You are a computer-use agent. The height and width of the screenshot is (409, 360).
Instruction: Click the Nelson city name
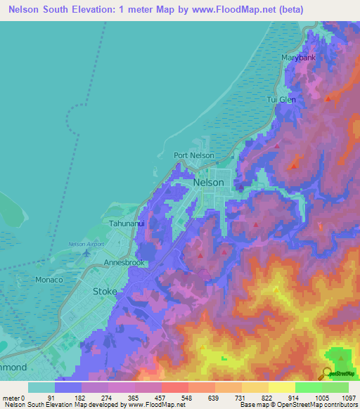click(x=208, y=182)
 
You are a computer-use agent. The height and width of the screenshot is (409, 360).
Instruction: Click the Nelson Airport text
click(x=86, y=244)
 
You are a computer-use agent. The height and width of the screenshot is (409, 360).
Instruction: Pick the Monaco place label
click(x=49, y=280)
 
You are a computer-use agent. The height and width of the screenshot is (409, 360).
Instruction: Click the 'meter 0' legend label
click(x=15, y=397)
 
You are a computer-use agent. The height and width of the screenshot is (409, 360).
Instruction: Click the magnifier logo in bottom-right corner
click(x=328, y=374)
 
